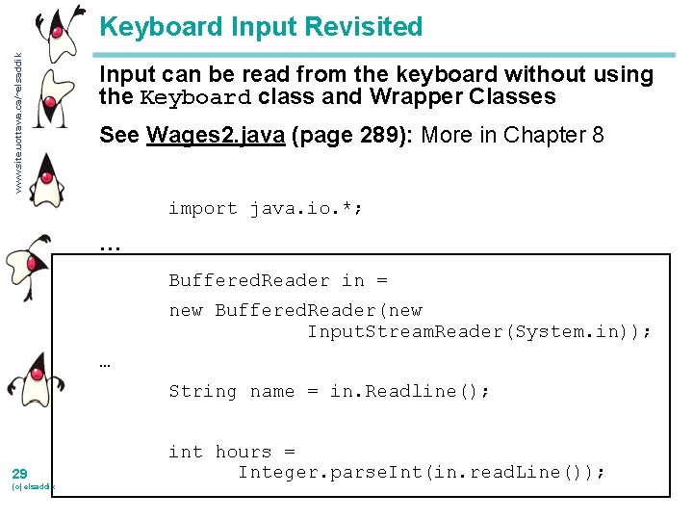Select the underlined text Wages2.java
(x=215, y=135)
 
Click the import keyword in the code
(x=202, y=208)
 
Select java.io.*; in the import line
(x=306, y=208)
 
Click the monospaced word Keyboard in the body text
(x=195, y=97)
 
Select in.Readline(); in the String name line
(x=410, y=391)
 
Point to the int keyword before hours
(x=185, y=452)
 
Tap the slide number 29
(x=19, y=474)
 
